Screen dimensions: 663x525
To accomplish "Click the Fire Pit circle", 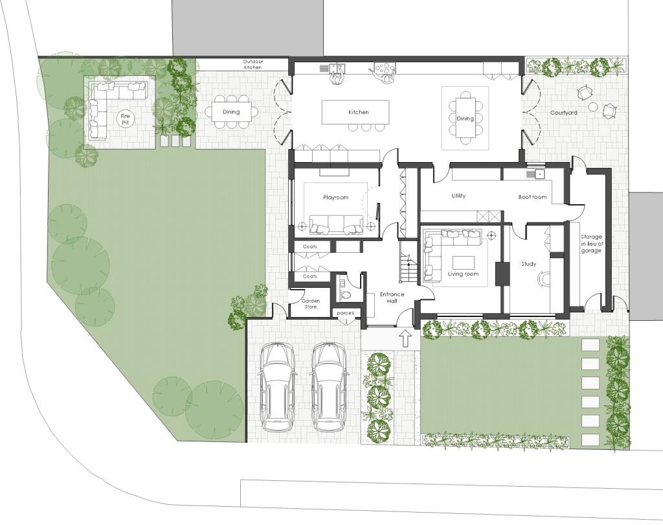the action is pos(125,119).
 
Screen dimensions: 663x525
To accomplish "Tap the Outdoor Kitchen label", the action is pos(253,64).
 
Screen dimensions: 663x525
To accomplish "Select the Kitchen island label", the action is pos(358,112).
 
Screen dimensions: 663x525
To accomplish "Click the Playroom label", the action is pos(336,197).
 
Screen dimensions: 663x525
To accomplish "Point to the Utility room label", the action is pos(458,196).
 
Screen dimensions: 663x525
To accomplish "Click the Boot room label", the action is pos(532,197).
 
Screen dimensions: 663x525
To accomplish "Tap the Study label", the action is pos(528,264).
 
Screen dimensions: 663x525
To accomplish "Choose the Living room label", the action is pos(463,274).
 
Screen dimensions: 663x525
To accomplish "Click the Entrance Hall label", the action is pos(392,297).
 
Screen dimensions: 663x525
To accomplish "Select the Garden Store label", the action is pos(310,303).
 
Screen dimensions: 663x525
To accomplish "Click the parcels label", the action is pos(345,313).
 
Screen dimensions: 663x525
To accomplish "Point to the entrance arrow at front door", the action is pos(405,338).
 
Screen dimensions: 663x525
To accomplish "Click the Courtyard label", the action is pos(564,113).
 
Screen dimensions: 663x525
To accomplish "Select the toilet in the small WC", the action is pos(345,295).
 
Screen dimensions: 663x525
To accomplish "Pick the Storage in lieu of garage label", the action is pos(591,244).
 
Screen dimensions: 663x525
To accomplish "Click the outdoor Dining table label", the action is pos(231,111).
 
